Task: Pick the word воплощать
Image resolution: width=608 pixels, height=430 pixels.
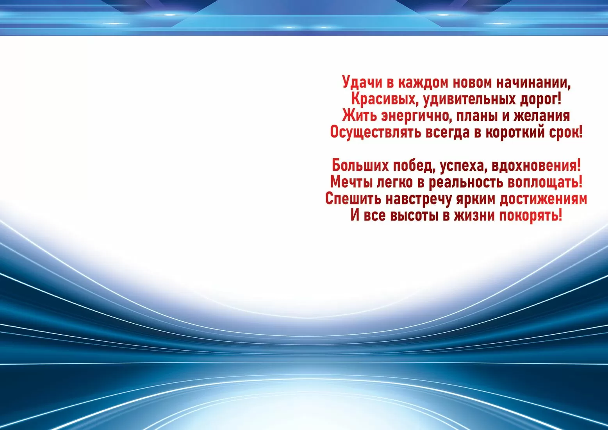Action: [x=544, y=182]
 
